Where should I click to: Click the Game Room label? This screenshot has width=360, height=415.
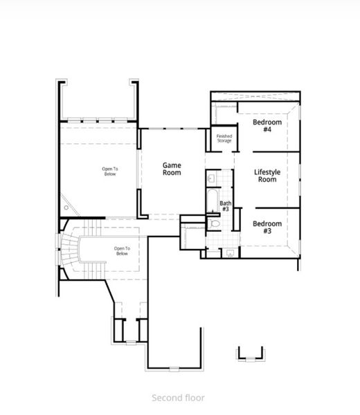172,169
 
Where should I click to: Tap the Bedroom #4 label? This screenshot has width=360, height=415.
267,125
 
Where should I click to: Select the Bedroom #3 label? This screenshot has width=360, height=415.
267,227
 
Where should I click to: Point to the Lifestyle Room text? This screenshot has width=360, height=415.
265,176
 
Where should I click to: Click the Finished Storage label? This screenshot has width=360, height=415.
224,138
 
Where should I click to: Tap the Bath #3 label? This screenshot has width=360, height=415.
225,205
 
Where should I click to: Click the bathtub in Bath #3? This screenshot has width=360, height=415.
212,201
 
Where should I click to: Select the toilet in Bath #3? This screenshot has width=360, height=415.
215,223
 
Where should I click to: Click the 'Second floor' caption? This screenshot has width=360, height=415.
178,398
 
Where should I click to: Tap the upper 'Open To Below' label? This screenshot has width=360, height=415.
110,172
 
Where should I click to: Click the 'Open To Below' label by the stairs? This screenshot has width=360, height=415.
122,251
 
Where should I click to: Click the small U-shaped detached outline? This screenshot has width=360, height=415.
251,353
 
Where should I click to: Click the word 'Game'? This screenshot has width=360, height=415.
172,165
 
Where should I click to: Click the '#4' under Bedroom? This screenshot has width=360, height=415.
267,129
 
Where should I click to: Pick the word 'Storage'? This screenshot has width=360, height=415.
224,140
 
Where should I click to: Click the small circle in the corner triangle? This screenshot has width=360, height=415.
66,205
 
